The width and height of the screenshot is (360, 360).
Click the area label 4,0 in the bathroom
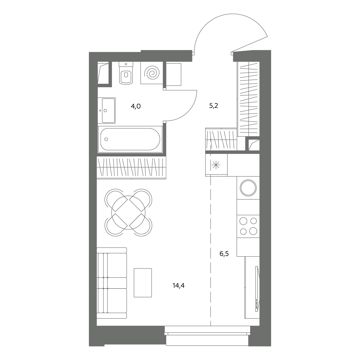tap(136, 107)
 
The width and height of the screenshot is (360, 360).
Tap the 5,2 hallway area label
tap(214, 106)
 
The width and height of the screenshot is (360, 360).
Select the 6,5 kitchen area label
tap(224, 254)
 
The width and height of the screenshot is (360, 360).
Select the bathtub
tap(130, 139)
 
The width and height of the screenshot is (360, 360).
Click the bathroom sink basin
tap(108, 110)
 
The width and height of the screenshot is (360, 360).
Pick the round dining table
tap(128, 213)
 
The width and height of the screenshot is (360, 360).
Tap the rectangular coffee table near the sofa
tap(143, 283)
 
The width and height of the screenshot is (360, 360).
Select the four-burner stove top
tap(248, 226)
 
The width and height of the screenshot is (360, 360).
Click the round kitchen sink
tap(248, 188)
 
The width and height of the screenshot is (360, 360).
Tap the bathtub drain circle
tap(106, 139)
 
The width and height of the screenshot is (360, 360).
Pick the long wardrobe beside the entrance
tap(248, 99)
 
